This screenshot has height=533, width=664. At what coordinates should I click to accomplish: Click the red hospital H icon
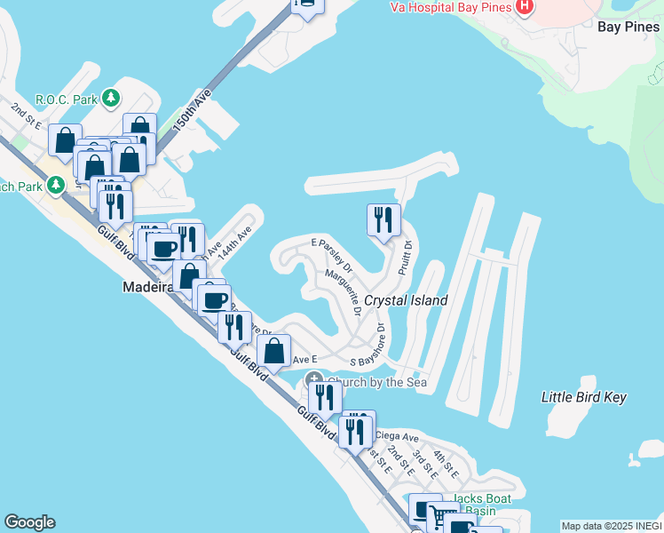click(525, 7)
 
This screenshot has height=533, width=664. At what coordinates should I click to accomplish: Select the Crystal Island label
click(406, 300)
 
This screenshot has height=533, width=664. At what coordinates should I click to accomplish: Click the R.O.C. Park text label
click(66, 99)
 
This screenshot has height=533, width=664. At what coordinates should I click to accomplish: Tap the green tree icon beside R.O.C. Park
click(110, 99)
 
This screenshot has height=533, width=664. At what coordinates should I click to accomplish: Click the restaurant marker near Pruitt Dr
click(383, 220)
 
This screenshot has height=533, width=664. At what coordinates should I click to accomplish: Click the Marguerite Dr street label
click(343, 292)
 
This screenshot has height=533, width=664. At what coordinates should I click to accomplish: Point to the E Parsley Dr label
click(332, 255)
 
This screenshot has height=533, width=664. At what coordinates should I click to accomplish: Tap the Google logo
click(28, 522)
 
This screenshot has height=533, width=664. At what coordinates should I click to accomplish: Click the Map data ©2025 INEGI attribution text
click(611, 526)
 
